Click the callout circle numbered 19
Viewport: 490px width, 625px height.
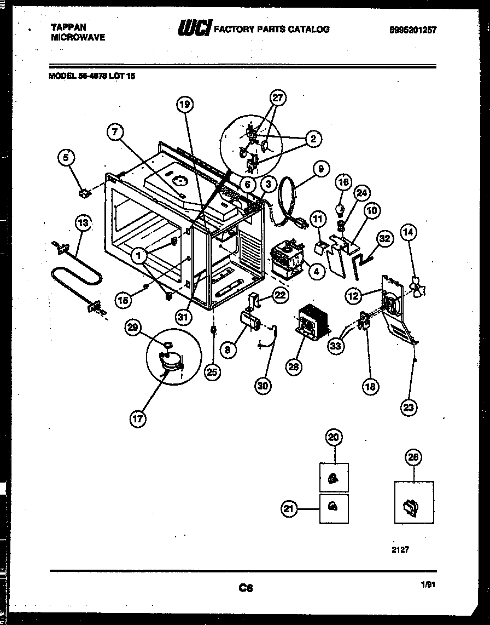click(185, 104)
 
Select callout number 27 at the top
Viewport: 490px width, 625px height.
click(278, 98)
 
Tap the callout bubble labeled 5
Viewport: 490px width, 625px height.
click(66, 158)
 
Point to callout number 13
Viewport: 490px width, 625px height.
click(82, 223)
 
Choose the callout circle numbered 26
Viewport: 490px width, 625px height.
click(413, 457)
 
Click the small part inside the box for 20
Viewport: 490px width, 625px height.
click(333, 479)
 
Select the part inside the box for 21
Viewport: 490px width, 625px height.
click(333, 507)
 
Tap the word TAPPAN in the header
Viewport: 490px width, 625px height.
click(68, 26)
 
